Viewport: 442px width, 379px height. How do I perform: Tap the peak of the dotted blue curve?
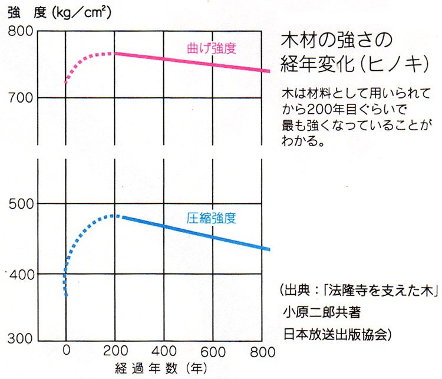coord(114,216)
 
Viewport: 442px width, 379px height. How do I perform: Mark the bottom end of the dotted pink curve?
coord(66,83)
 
